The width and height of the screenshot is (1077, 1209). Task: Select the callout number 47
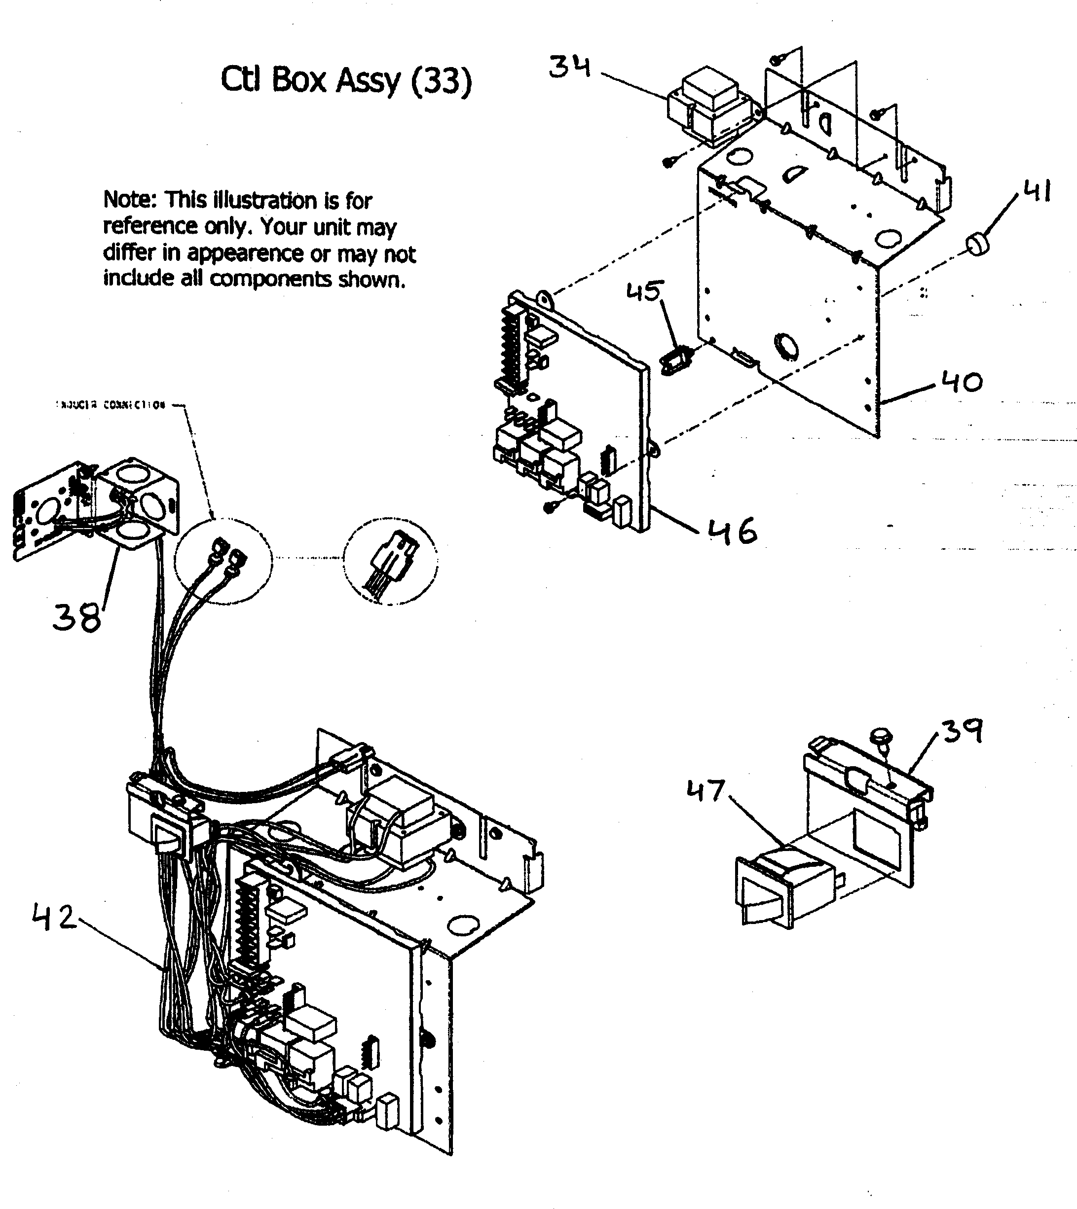tap(706, 791)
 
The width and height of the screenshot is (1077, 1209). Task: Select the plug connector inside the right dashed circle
tap(392, 559)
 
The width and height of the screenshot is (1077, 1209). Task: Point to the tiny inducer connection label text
tap(110, 405)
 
